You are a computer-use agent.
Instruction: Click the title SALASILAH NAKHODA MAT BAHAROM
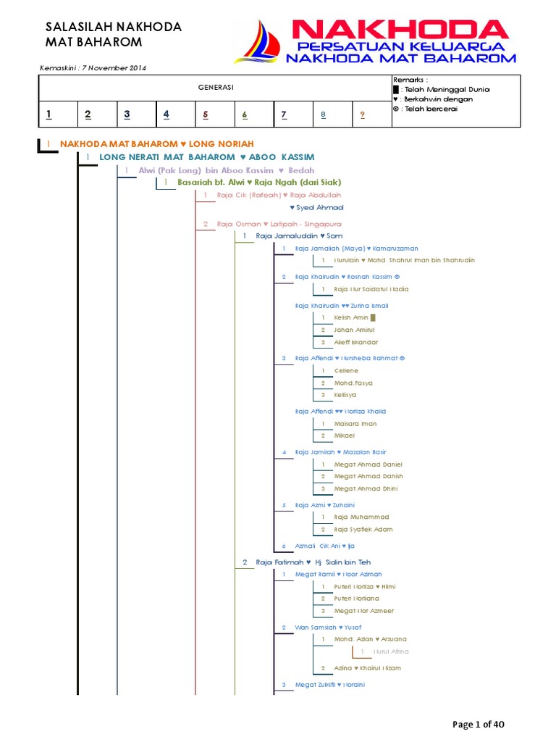click(113, 35)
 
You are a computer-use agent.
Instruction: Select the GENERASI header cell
click(215, 87)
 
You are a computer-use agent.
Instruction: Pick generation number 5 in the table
click(205, 114)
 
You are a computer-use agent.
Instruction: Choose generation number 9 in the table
click(362, 114)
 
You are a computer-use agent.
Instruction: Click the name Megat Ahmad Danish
click(368, 476)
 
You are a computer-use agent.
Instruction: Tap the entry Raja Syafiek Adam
click(363, 530)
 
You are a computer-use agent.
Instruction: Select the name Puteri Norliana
click(356, 599)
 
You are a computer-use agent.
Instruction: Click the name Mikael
click(345, 435)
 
